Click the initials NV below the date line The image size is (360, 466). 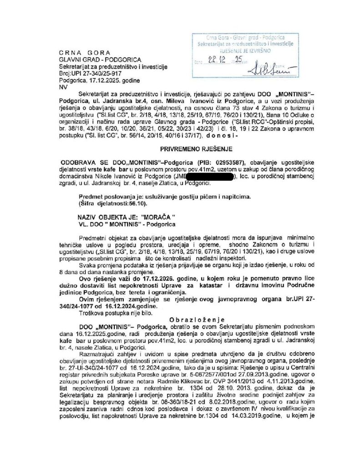click(x=62, y=85)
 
